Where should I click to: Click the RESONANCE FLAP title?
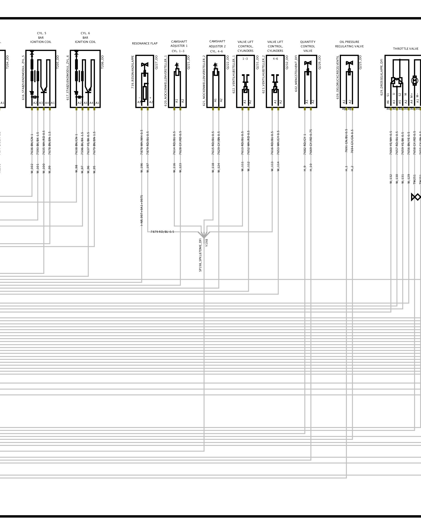[144, 44]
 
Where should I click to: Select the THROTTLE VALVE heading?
[405, 49]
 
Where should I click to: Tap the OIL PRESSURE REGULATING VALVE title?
[349, 44]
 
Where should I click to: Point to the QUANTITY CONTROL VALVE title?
[308, 46]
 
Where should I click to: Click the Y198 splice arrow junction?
[204, 234]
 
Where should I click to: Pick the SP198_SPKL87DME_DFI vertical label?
[200, 255]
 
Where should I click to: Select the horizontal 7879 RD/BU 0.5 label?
[162, 232]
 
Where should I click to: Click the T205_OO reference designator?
[58, 62]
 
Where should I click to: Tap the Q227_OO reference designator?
[156, 62]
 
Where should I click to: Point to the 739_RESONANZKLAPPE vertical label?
[133, 72]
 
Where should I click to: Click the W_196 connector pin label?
[142, 168]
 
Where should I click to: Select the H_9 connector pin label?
[305, 168]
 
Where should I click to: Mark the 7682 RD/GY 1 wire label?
[305, 144]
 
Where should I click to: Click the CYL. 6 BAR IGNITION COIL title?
[85, 38]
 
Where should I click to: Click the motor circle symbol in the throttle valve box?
[414, 80]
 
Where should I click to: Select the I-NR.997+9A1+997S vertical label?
[142, 210]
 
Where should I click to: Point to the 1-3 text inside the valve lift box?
[245, 59]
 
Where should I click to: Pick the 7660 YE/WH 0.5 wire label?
[391, 143]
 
